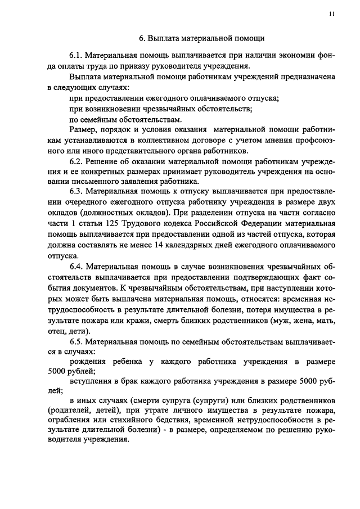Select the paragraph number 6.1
click(x=76, y=57)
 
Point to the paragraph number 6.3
click(x=76, y=192)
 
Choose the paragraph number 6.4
click(x=76, y=267)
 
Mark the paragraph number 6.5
click(x=76, y=340)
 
